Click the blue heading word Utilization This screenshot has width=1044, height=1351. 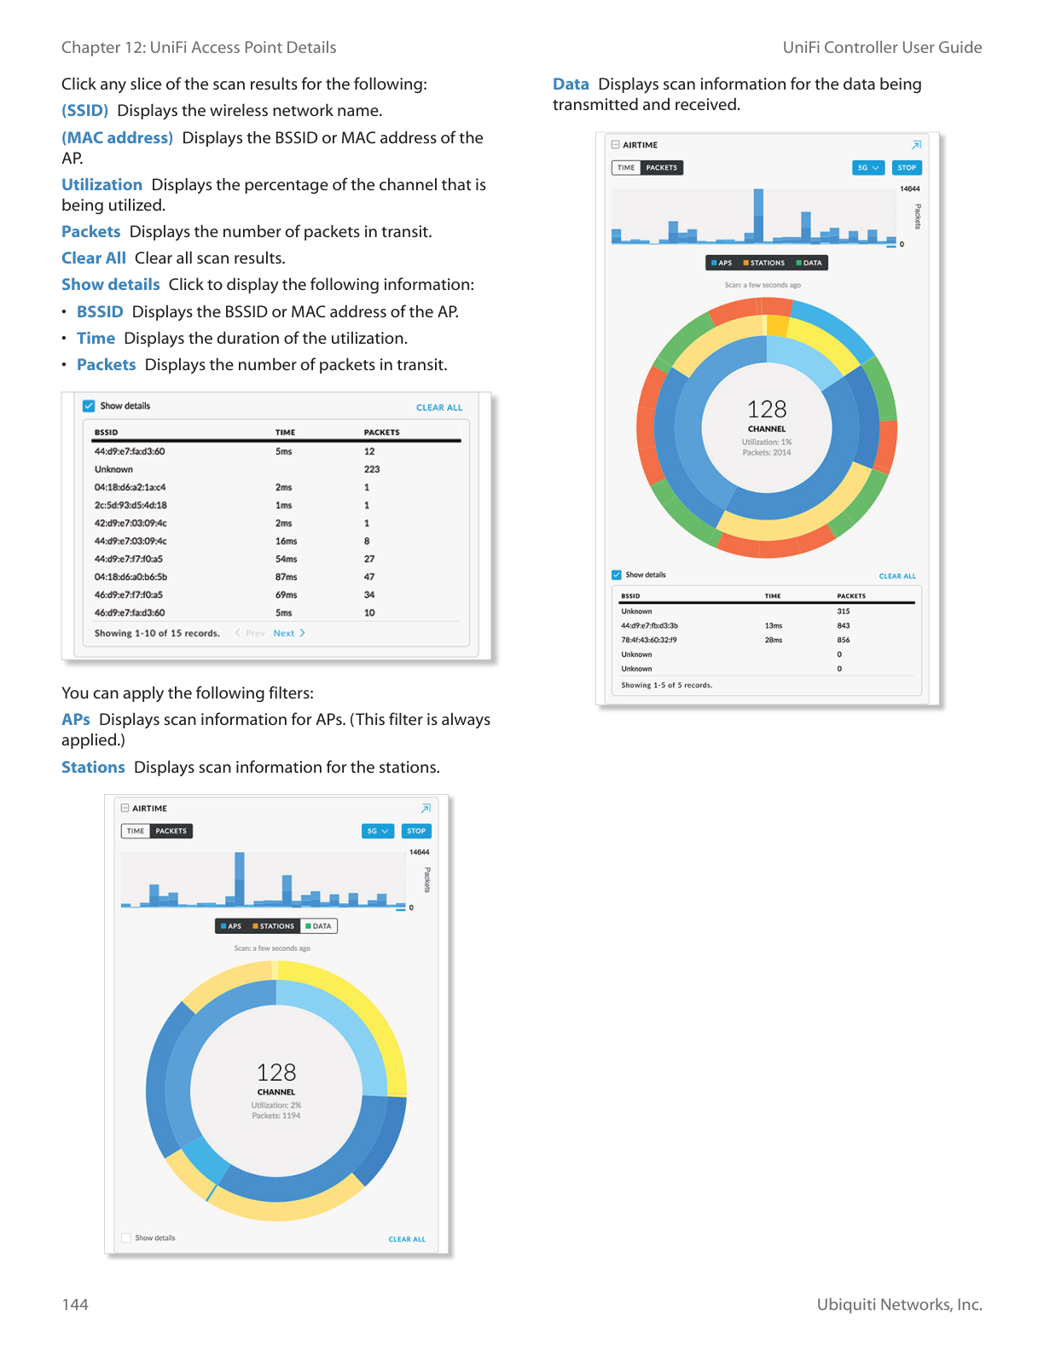101,185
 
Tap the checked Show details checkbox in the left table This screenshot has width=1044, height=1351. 89,406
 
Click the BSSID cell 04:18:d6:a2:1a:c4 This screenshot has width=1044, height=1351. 130,488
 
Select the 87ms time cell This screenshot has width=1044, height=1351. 286,577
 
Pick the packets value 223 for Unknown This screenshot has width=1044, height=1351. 372,470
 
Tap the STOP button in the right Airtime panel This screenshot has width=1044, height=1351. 907,168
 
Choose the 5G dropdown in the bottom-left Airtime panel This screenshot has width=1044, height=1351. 377,831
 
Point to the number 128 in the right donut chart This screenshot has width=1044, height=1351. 767,409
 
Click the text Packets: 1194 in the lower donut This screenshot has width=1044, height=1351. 276,1116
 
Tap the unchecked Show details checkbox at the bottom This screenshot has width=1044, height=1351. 126,1238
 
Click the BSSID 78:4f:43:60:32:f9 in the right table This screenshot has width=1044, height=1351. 649,640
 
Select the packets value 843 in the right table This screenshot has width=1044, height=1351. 843,626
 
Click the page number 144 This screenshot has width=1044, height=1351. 75,1304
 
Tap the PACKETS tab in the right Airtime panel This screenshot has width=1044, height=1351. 661,168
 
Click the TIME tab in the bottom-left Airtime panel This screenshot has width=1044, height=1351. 136,831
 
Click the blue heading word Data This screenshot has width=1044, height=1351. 571,84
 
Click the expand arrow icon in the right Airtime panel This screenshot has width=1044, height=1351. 916,145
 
